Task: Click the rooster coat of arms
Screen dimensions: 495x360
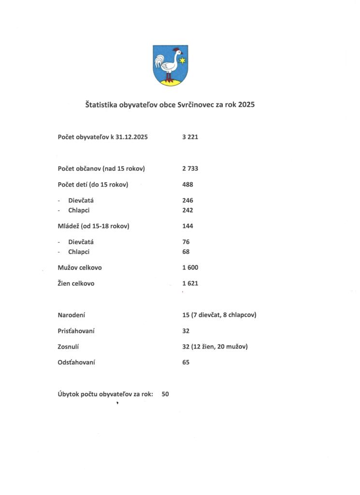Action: (x=170, y=65)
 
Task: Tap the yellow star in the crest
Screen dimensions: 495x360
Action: (x=182, y=60)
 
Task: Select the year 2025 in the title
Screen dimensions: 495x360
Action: (x=246, y=104)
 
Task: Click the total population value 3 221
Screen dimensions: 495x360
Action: (x=190, y=137)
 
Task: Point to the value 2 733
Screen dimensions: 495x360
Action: (x=190, y=169)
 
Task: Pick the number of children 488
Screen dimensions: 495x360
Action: (x=188, y=184)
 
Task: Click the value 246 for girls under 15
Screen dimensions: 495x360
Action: (x=188, y=200)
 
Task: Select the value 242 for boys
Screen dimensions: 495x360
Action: (x=188, y=210)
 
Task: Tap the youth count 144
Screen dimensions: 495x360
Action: (x=188, y=226)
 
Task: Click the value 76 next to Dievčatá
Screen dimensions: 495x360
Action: (x=186, y=242)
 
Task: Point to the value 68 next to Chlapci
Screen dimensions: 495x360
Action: (x=186, y=252)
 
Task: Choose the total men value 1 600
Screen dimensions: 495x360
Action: (x=190, y=267)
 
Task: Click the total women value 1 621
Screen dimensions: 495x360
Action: (x=190, y=283)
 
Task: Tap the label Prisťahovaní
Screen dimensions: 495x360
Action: (x=76, y=331)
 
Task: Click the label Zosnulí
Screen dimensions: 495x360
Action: (x=69, y=347)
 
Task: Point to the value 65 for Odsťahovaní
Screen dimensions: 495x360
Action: (x=186, y=362)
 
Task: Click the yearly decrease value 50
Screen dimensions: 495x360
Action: (x=165, y=394)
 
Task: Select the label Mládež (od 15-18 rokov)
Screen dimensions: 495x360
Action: (x=93, y=226)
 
